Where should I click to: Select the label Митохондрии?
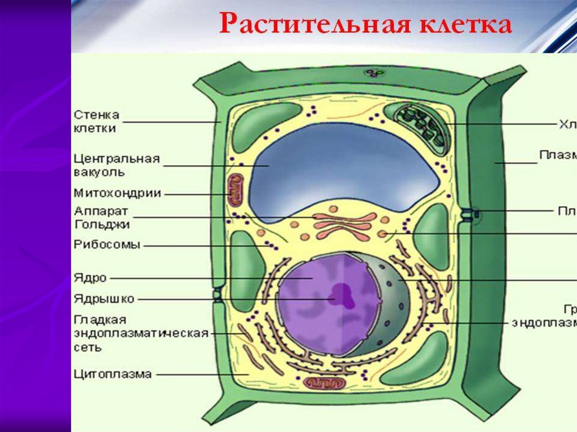(117, 193)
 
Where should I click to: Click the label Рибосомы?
(107, 245)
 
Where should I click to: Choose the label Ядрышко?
(104, 299)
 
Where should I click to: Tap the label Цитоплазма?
(113, 374)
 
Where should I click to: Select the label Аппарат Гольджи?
(102, 217)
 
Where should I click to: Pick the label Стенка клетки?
(96, 121)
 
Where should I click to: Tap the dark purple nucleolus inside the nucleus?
(342, 293)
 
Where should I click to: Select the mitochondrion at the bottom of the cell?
(323, 383)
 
